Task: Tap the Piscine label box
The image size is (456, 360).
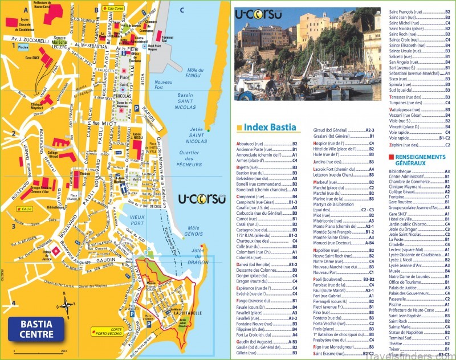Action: pyautogui.click(x=23, y=48)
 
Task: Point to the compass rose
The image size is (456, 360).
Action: pyautogui.click(x=67, y=304)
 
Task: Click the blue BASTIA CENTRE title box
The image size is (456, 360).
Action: pyautogui.click(x=36, y=328)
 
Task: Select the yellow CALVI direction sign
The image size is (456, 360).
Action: pyautogui.click(x=25, y=210)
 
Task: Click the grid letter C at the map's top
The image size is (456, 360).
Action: pyautogui.click(x=181, y=9)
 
